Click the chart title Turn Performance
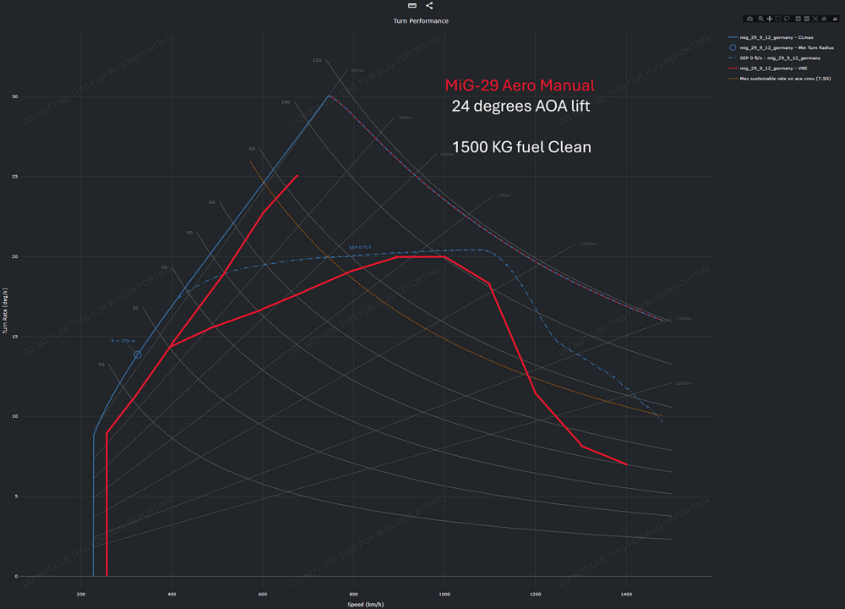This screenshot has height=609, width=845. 421,20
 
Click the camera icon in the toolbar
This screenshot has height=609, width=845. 750,19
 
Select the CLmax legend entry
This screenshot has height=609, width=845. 776,37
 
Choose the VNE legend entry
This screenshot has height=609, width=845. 773,68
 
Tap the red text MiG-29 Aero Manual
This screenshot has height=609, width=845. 520,85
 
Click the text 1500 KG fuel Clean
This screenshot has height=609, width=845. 521,147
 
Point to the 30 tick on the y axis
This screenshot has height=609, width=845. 14,96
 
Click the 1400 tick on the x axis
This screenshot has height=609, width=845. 626,595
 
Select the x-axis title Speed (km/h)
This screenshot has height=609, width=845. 366,604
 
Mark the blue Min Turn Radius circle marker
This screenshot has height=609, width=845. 137,354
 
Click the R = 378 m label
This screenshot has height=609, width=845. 123,341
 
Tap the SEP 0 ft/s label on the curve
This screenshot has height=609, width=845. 359,247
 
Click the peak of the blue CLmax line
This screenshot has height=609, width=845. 330,96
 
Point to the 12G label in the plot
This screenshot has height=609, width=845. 317,60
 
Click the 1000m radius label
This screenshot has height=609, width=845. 588,244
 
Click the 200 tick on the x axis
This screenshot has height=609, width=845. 81,595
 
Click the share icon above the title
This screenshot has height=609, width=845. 429,6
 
